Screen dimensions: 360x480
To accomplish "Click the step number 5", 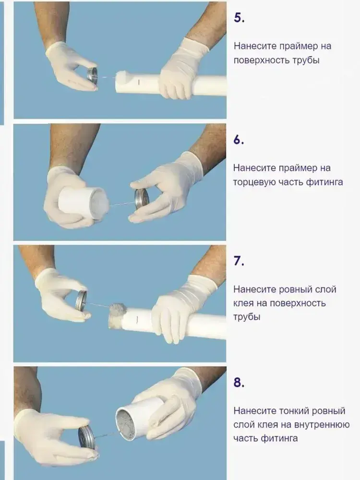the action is click(239, 18).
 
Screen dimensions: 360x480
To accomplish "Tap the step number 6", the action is click(239, 140).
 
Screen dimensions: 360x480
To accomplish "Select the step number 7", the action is click(239, 261).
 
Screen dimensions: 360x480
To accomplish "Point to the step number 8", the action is click(239, 383).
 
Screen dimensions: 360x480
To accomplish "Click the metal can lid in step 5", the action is click(92, 75).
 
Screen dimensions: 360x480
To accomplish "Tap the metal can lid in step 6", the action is click(142, 199).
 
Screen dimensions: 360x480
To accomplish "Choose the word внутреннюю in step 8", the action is click(322, 425).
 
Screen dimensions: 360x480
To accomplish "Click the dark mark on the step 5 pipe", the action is click(139, 82).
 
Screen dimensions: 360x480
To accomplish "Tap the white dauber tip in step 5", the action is click(123, 76).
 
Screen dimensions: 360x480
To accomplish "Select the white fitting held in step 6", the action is click(81, 203).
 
